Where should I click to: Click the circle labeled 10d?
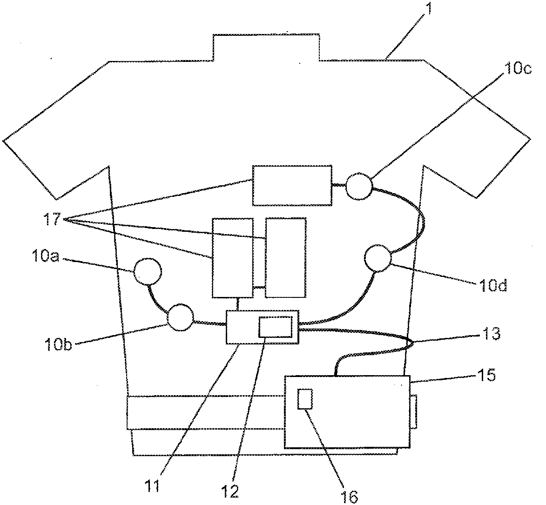click(377, 259)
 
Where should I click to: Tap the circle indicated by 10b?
click(180, 318)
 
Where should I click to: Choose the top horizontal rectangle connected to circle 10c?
click(292, 185)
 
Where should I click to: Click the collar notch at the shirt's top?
click(266, 47)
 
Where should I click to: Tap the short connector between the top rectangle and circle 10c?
click(339, 185)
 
